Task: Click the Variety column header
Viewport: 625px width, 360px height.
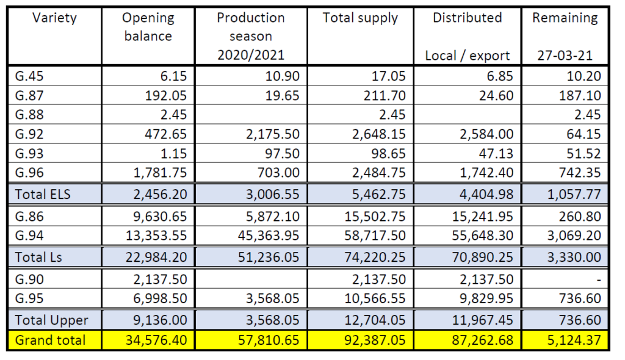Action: pyautogui.click(x=54, y=18)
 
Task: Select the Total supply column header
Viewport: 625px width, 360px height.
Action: pyautogui.click(x=360, y=18)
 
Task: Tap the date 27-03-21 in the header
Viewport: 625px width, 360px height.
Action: pyautogui.click(x=565, y=56)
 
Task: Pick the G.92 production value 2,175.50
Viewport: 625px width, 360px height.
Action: pyautogui.click(x=272, y=134)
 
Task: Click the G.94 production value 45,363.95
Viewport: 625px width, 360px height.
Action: pyautogui.click(x=268, y=236)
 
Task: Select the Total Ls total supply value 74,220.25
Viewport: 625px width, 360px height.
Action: pyautogui.click(x=372, y=257)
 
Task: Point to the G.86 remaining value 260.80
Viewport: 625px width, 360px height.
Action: pyautogui.click(x=580, y=216)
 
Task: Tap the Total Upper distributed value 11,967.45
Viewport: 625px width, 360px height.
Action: pyautogui.click(x=483, y=320)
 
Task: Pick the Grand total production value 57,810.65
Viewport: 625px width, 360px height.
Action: pyautogui.click(x=268, y=340)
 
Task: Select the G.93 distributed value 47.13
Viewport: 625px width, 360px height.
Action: pyautogui.click(x=496, y=153)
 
